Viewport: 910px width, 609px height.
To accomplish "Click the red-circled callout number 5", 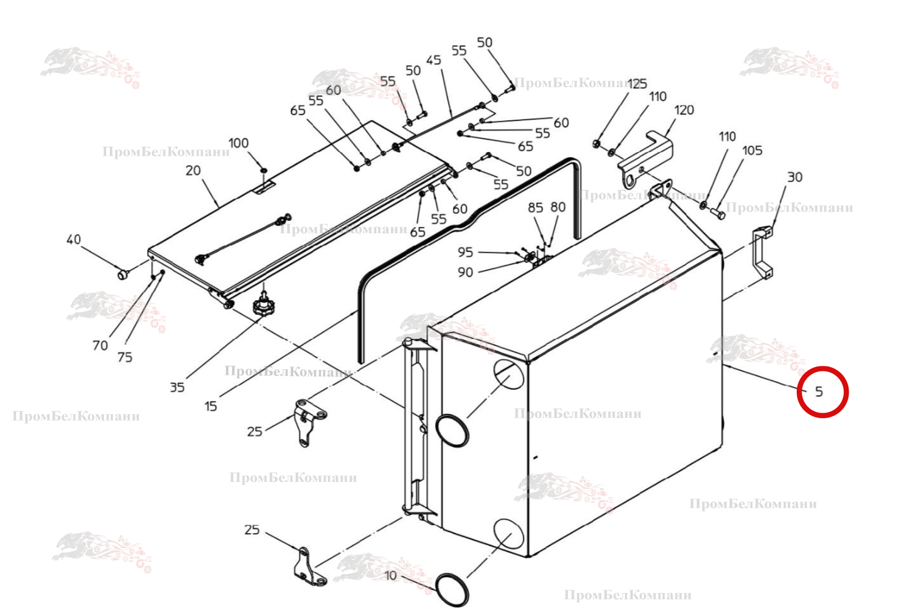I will [819, 392].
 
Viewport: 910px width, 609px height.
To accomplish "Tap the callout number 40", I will [74, 239].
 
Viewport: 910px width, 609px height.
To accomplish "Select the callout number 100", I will [238, 143].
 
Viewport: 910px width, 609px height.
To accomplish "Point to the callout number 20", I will [193, 171].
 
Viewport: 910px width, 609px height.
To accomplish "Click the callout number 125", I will [637, 83].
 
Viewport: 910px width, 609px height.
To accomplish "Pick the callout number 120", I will [684, 110].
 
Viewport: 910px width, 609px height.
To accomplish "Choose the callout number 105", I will [752, 150].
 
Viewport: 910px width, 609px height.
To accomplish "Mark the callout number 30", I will [794, 177].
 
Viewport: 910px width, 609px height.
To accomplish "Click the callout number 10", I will [390, 576].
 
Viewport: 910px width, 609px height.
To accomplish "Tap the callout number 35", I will [177, 387].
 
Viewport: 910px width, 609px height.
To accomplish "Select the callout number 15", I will [210, 406].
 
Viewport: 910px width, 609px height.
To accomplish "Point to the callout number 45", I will [433, 60].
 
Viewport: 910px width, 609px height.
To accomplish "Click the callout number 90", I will [465, 272].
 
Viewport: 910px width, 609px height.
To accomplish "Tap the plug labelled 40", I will [123, 274].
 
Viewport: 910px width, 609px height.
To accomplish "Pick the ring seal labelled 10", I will [453, 590].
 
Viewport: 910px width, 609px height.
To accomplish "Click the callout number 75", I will [125, 357].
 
